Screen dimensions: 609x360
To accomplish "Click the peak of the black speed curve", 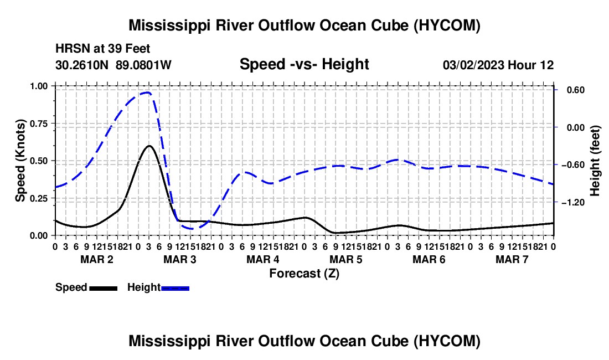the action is click(149, 146).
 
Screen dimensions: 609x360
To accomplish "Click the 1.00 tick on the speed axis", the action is click(38, 86).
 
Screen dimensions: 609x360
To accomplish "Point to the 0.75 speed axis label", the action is click(38, 124).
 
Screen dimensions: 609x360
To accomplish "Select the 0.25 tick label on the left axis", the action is click(38, 198).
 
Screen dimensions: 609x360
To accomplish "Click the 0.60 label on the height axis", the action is click(576, 90).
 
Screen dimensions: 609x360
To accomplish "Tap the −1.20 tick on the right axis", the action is click(573, 202).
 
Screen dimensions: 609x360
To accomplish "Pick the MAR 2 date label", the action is click(97, 259).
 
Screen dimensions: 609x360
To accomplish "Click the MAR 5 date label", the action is click(345, 259).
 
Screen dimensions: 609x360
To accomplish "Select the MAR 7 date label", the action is click(512, 259).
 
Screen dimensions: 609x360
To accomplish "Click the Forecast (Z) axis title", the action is click(304, 274).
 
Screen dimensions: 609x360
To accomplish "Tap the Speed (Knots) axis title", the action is click(20, 161).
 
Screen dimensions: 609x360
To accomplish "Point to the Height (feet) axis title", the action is click(595, 161).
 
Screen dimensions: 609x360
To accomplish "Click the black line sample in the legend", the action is click(104, 288).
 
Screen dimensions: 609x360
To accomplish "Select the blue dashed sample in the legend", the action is click(175, 288).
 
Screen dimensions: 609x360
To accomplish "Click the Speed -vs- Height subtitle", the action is click(304, 64).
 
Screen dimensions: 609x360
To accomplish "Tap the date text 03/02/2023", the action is click(473, 65).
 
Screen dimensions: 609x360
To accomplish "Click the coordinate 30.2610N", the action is click(82, 65).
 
